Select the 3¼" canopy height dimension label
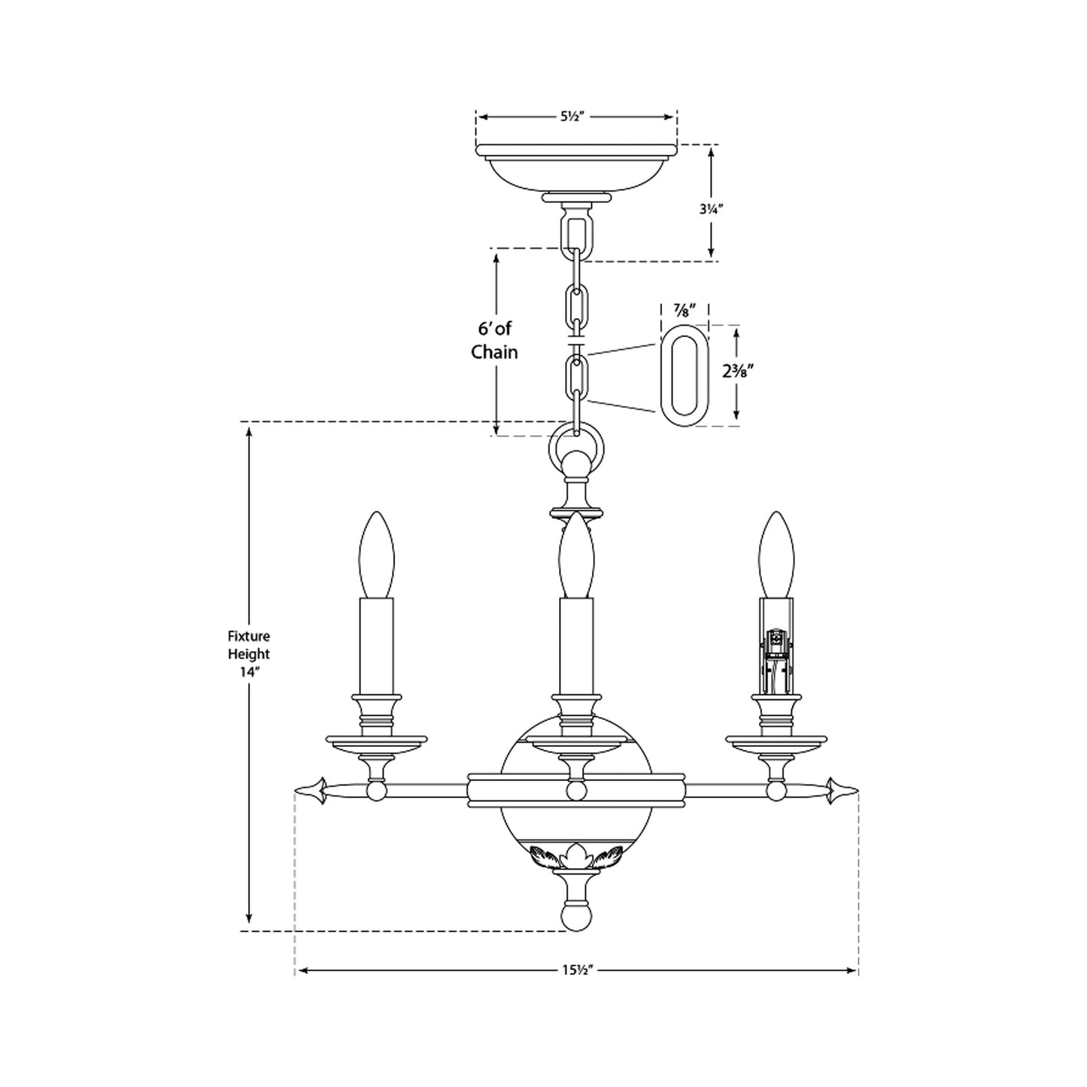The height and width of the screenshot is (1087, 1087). (709, 211)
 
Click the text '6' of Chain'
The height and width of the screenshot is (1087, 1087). (494, 340)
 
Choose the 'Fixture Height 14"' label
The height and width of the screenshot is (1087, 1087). (249, 654)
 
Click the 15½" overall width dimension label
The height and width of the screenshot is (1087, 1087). (576, 970)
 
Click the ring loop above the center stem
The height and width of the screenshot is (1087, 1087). (576, 449)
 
